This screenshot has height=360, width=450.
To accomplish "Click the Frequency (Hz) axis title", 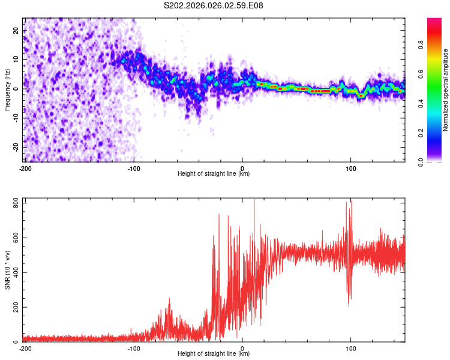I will pyautogui.click(x=7, y=89).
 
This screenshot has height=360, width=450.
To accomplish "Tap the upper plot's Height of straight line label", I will pyautogui.click(x=214, y=174).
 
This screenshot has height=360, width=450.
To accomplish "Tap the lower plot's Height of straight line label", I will pyautogui.click(x=214, y=354).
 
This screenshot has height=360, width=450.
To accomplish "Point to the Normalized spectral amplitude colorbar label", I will pyautogui.click(x=446, y=90).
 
